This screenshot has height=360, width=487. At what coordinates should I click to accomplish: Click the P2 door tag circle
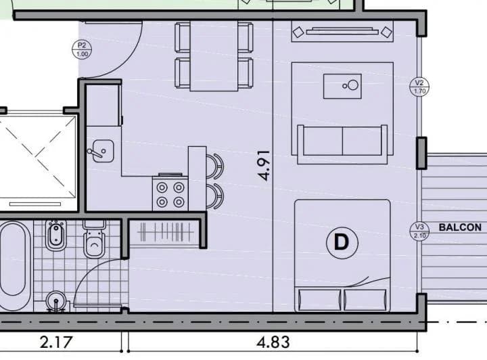82,49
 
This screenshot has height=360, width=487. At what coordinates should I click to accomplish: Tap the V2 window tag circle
419,87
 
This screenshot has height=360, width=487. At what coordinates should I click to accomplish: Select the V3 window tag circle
419,231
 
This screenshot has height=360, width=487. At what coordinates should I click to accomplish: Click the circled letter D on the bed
342,242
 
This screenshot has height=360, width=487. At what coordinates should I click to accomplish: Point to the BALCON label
460,227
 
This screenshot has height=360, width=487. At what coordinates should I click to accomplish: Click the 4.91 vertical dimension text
264,165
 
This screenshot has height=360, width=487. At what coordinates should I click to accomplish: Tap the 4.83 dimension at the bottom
273,342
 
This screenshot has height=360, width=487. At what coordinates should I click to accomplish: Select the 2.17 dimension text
56,342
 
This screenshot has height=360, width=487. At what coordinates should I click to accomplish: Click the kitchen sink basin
103,151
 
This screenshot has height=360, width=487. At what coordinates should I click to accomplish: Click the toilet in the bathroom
95,239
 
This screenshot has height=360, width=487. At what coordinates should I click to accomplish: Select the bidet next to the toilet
56,235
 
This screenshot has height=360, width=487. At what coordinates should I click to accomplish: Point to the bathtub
14,266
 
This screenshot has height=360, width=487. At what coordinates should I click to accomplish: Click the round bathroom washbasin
56,301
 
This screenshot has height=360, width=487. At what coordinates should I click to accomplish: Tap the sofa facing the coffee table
342,144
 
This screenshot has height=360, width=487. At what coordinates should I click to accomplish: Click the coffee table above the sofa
342,87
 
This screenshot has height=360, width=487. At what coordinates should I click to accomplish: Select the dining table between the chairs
214,56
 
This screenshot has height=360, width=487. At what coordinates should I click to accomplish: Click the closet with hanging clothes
164,231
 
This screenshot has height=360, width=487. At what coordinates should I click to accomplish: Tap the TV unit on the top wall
342,31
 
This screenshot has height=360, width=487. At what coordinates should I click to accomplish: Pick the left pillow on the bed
319,299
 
